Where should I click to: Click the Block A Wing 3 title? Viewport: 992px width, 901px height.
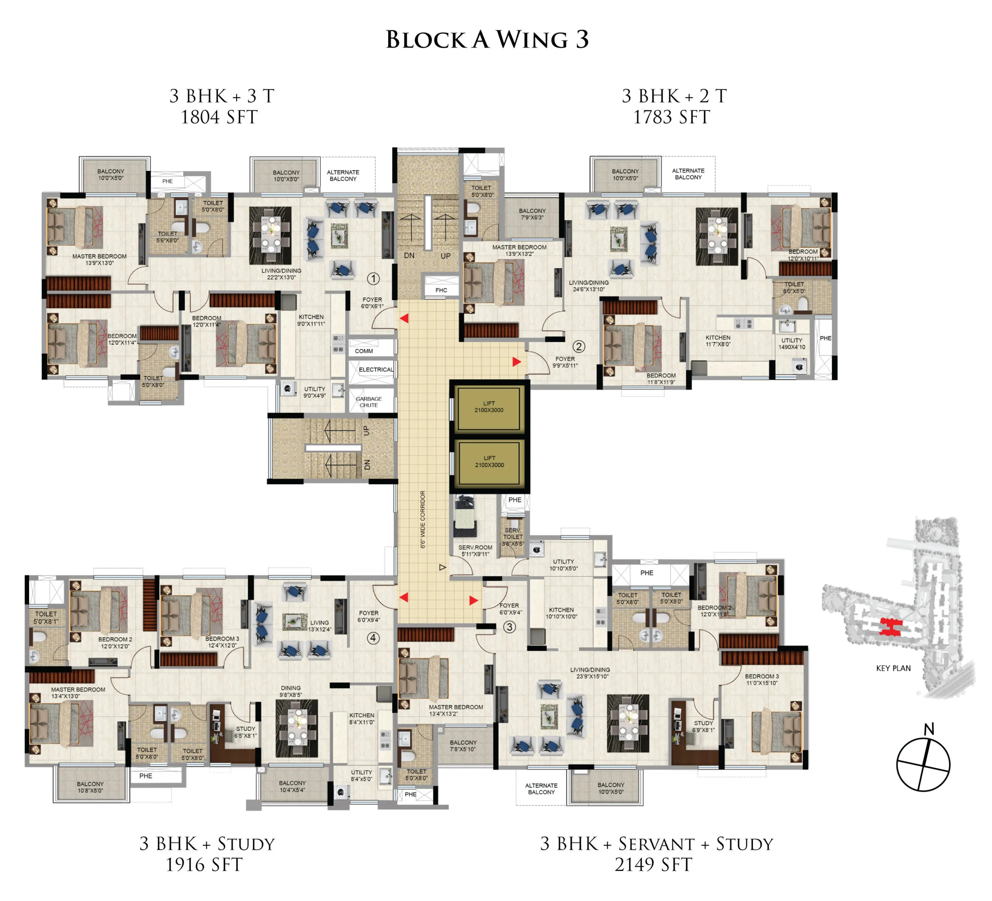point(487,40)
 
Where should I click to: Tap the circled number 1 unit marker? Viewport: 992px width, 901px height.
point(374,279)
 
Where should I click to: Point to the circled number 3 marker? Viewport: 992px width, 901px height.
point(509,627)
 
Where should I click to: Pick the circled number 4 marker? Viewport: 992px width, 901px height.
point(374,638)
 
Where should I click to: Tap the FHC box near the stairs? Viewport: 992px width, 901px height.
point(441,290)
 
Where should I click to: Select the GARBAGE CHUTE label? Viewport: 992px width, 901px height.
point(369,402)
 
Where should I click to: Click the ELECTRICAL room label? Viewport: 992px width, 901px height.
point(376,370)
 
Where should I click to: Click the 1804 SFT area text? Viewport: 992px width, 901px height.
point(219,117)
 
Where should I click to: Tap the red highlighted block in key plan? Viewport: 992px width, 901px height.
point(890,628)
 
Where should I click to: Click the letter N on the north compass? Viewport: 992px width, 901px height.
point(928,729)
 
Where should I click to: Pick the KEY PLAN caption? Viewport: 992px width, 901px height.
point(893,668)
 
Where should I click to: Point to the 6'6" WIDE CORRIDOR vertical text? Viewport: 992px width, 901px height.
point(423,519)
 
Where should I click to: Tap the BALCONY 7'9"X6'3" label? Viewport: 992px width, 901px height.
point(532,213)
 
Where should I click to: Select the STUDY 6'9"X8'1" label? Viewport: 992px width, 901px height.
point(703,726)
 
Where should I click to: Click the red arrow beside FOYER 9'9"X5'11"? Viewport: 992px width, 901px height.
point(516,361)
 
